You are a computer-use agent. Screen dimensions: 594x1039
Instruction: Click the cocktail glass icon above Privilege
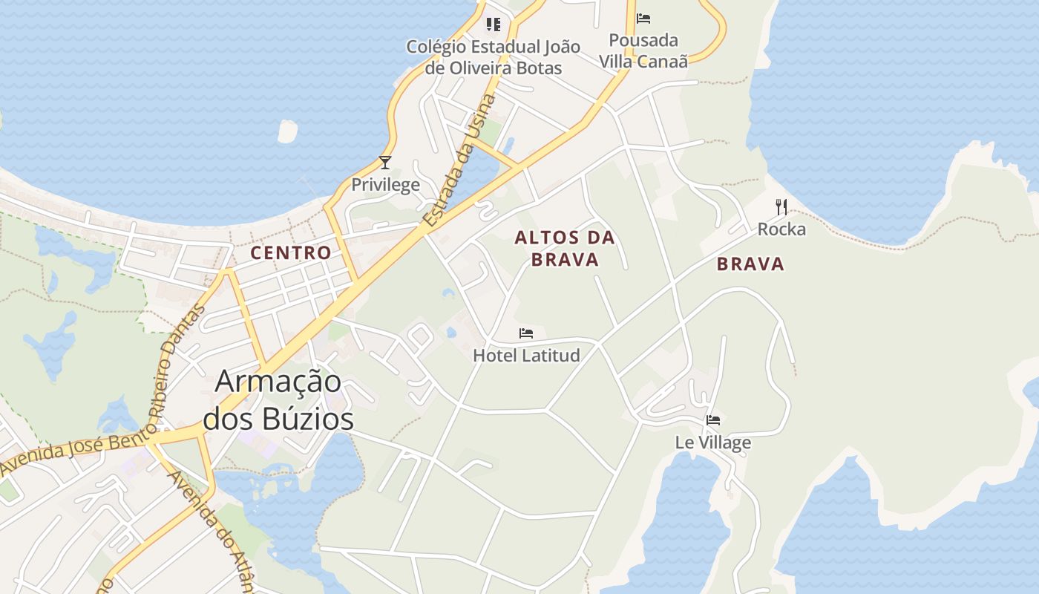pyautogui.click(x=384, y=163)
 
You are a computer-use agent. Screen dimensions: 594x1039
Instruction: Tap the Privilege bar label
pyautogui.click(x=385, y=185)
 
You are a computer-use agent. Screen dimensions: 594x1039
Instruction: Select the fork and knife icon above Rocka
pyautogui.click(x=781, y=207)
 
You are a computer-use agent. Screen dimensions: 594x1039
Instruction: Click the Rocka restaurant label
pyautogui.click(x=781, y=229)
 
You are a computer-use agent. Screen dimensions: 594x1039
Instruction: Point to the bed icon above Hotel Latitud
pyautogui.click(x=526, y=333)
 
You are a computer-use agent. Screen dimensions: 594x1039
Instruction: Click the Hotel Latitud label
pyautogui.click(x=526, y=356)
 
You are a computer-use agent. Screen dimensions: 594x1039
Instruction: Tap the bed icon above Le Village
pyautogui.click(x=713, y=420)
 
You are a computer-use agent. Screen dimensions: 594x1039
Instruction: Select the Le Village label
pyautogui.click(x=712, y=443)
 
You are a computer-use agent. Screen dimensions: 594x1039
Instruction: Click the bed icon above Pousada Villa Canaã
pyautogui.click(x=643, y=18)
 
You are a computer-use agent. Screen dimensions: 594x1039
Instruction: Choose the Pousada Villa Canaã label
pyautogui.click(x=643, y=50)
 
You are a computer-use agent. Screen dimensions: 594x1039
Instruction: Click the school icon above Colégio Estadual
pyautogui.click(x=493, y=25)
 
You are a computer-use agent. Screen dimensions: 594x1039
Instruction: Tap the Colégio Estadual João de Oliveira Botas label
pyautogui.click(x=493, y=57)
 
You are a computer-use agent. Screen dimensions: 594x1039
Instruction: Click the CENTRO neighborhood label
pyautogui.click(x=291, y=253)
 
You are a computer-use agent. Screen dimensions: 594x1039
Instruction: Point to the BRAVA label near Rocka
pyautogui.click(x=750, y=264)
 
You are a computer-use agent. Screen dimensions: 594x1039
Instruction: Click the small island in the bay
pyautogui.click(x=287, y=131)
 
